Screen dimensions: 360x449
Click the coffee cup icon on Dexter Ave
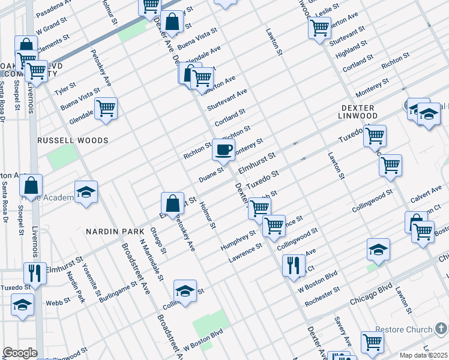tap(223, 150)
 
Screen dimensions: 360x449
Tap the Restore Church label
tap(404, 329)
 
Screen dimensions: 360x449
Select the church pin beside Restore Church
tap(441, 329)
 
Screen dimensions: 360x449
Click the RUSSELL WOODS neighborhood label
tap(73, 140)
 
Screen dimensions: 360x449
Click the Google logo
tap(20, 352)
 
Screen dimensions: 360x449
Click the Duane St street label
tap(211, 175)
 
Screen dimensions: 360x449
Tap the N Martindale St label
tap(151, 260)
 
